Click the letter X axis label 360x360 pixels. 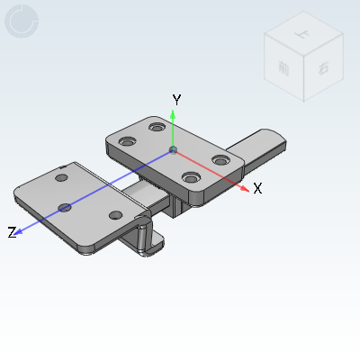pyautogui.click(x=257, y=188)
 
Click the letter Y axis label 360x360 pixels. pyautogui.click(x=177, y=99)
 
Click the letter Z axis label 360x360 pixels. pyautogui.click(x=13, y=232)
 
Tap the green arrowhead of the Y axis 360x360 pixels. pyautogui.click(x=175, y=114)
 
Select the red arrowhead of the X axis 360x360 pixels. pyautogui.click(x=244, y=188)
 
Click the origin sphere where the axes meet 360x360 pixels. pyautogui.click(x=175, y=148)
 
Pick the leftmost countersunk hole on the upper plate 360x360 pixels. pyautogui.click(x=127, y=142)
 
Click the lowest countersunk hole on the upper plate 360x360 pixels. pyautogui.click(x=190, y=177)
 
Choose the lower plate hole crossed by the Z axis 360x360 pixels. pyautogui.click(x=65, y=208)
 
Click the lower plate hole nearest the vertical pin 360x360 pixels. pyautogui.click(x=115, y=215)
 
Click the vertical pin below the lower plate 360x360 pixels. pyautogui.click(x=142, y=238)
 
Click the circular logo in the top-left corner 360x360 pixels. pyautogui.click(x=22, y=21)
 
